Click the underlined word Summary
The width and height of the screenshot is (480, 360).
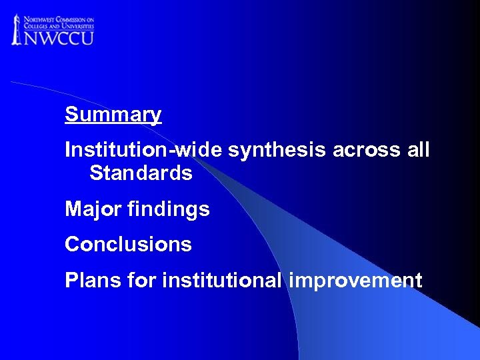[x=113, y=115]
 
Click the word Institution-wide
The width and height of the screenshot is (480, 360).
[x=143, y=151]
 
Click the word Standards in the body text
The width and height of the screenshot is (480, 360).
[x=141, y=173]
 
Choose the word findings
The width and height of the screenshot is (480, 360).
[x=167, y=210]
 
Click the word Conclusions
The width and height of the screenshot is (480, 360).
[x=128, y=245]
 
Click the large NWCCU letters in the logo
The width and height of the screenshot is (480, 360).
[x=59, y=37]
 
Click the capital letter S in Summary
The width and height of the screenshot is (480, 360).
[x=71, y=115]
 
